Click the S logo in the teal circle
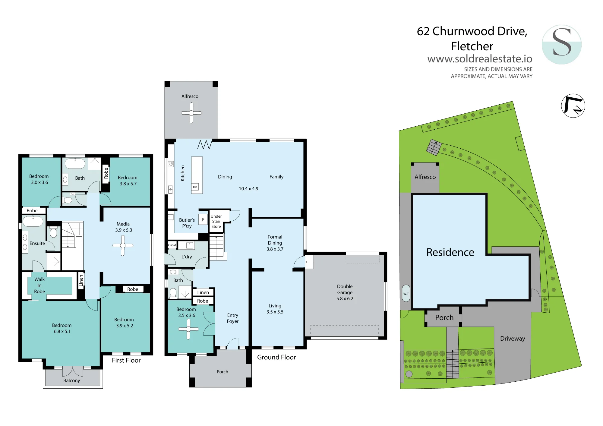[561, 44]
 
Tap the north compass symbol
[573, 106]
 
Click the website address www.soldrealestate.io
[480, 58]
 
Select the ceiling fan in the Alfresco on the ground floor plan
[191, 113]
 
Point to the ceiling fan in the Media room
[123, 245]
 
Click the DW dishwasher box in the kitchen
[195, 187]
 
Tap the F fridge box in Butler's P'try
[203, 220]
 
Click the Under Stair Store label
[216, 221]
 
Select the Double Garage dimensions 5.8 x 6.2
[345, 298]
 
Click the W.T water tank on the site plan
[406, 293]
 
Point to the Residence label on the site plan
[450, 252]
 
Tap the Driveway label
[513, 339]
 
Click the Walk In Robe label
[39, 285]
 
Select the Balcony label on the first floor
[72, 380]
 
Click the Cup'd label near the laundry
[172, 245]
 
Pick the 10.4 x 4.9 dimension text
[248, 189]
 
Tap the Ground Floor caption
[276, 357]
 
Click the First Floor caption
[126, 360]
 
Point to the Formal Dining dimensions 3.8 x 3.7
[275, 249]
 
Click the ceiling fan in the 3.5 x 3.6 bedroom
[188, 329]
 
